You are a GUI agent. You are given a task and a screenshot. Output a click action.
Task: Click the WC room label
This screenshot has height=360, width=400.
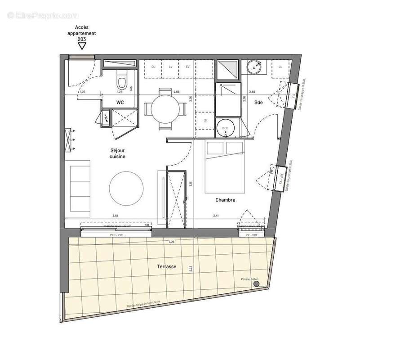(x=120, y=103)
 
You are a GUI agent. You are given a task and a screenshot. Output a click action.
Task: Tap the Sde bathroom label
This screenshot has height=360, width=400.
(x=259, y=103)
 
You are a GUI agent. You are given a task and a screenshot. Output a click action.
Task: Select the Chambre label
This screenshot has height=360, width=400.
(x=225, y=200)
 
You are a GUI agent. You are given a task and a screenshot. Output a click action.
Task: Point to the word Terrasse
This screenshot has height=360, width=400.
(x=166, y=266)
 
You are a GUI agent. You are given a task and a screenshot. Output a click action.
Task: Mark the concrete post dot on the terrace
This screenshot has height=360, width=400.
(x=256, y=283)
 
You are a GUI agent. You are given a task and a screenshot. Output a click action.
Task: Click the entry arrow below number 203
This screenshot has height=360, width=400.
(x=81, y=45)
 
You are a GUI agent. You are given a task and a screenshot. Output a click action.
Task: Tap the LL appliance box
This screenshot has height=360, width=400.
(x=280, y=67)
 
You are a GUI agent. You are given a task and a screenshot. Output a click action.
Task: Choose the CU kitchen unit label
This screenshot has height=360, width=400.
(x=153, y=67)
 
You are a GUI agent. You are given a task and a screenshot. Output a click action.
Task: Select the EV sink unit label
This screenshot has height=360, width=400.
(x=187, y=67)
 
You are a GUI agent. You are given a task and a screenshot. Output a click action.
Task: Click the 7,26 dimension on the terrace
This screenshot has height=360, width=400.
(x=171, y=242)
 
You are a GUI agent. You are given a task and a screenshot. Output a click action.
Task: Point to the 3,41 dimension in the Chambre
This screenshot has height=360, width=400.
(x=216, y=216)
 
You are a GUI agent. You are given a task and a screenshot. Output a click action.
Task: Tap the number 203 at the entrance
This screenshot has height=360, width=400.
(x=81, y=39)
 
